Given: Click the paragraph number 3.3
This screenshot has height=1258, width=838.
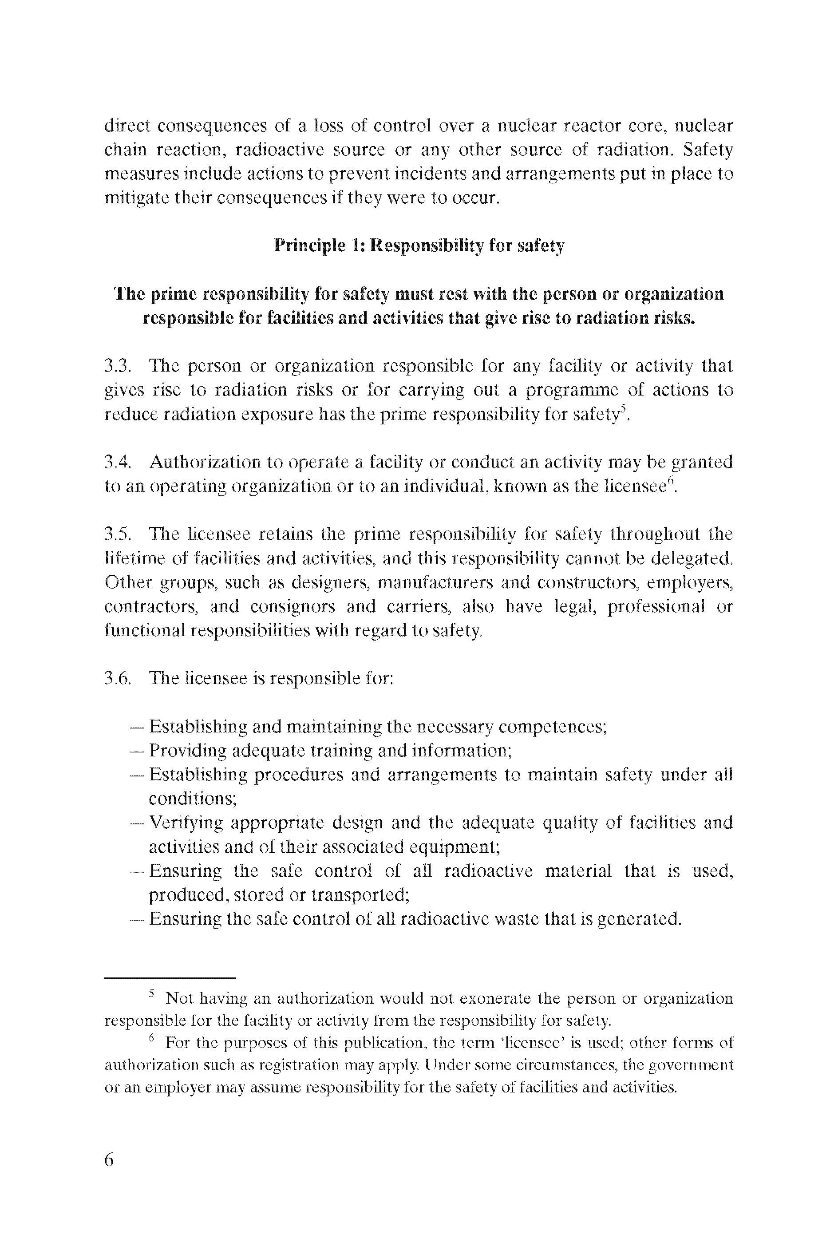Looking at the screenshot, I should point(117,366).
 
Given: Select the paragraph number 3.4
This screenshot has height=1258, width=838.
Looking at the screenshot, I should point(117,462).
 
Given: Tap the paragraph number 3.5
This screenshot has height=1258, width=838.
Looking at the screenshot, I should point(117,534).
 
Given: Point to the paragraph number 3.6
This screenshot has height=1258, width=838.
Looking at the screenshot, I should point(117,678).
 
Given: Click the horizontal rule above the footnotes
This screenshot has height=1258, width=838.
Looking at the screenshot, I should point(170,978).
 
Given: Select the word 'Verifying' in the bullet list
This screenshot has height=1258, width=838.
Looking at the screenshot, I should point(186,823).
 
